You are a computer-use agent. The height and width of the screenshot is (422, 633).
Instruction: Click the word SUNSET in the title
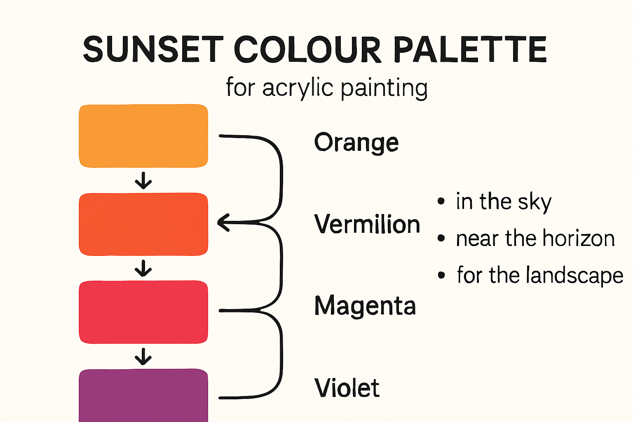coord(153,49)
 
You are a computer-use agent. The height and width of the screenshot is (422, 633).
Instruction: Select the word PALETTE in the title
coord(470,49)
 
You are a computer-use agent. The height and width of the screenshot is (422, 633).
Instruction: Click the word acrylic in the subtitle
coord(298,88)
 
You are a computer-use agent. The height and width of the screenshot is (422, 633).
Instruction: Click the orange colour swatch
coord(143,136)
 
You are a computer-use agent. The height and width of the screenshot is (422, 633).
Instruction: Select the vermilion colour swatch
coord(143,224)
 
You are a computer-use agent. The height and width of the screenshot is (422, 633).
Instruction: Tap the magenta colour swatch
coord(143,312)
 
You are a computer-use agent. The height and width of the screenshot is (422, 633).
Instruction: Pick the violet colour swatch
coord(143,396)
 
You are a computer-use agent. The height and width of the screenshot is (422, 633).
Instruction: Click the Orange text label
coord(356,143)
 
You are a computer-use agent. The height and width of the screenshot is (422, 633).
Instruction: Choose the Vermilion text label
coord(367,225)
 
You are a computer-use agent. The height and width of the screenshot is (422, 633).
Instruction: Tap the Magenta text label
coord(365,306)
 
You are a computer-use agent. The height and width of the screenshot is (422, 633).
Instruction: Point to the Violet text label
coord(347,388)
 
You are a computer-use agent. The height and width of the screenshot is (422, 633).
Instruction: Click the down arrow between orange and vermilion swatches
coord(143,181)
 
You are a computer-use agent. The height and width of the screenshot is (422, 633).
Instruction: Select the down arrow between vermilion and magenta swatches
coord(143,268)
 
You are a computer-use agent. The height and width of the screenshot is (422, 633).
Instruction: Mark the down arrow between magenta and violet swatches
coord(143,356)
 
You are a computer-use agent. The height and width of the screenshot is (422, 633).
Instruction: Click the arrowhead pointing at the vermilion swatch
coord(223,223)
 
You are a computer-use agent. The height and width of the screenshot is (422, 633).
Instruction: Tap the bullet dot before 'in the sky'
coord(441,202)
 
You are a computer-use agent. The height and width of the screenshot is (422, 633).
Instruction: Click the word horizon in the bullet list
coord(579,239)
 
